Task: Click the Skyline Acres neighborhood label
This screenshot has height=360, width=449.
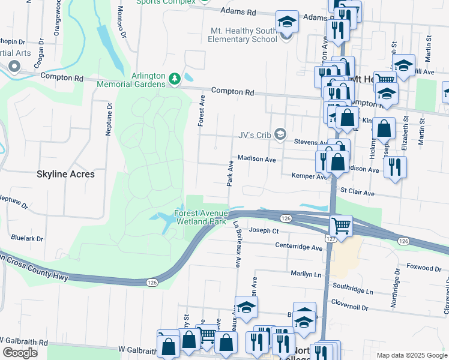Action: (66, 174)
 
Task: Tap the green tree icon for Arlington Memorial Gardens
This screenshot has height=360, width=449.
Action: (175, 79)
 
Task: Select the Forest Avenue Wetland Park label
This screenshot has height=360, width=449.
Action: (201, 217)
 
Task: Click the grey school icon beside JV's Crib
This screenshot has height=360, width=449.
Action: (280, 134)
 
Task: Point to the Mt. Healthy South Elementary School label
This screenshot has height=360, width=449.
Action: (243, 35)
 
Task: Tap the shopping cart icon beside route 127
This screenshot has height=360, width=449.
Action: (341, 226)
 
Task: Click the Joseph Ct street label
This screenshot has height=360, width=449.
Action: (264, 230)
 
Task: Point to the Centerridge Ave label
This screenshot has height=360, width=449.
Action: (299, 247)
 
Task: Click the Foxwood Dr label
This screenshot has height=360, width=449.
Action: (423, 268)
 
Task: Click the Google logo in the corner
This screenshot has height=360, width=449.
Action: (20, 353)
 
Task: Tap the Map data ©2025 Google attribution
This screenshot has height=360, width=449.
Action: (412, 355)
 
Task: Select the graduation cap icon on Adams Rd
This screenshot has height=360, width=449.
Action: (288, 22)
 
